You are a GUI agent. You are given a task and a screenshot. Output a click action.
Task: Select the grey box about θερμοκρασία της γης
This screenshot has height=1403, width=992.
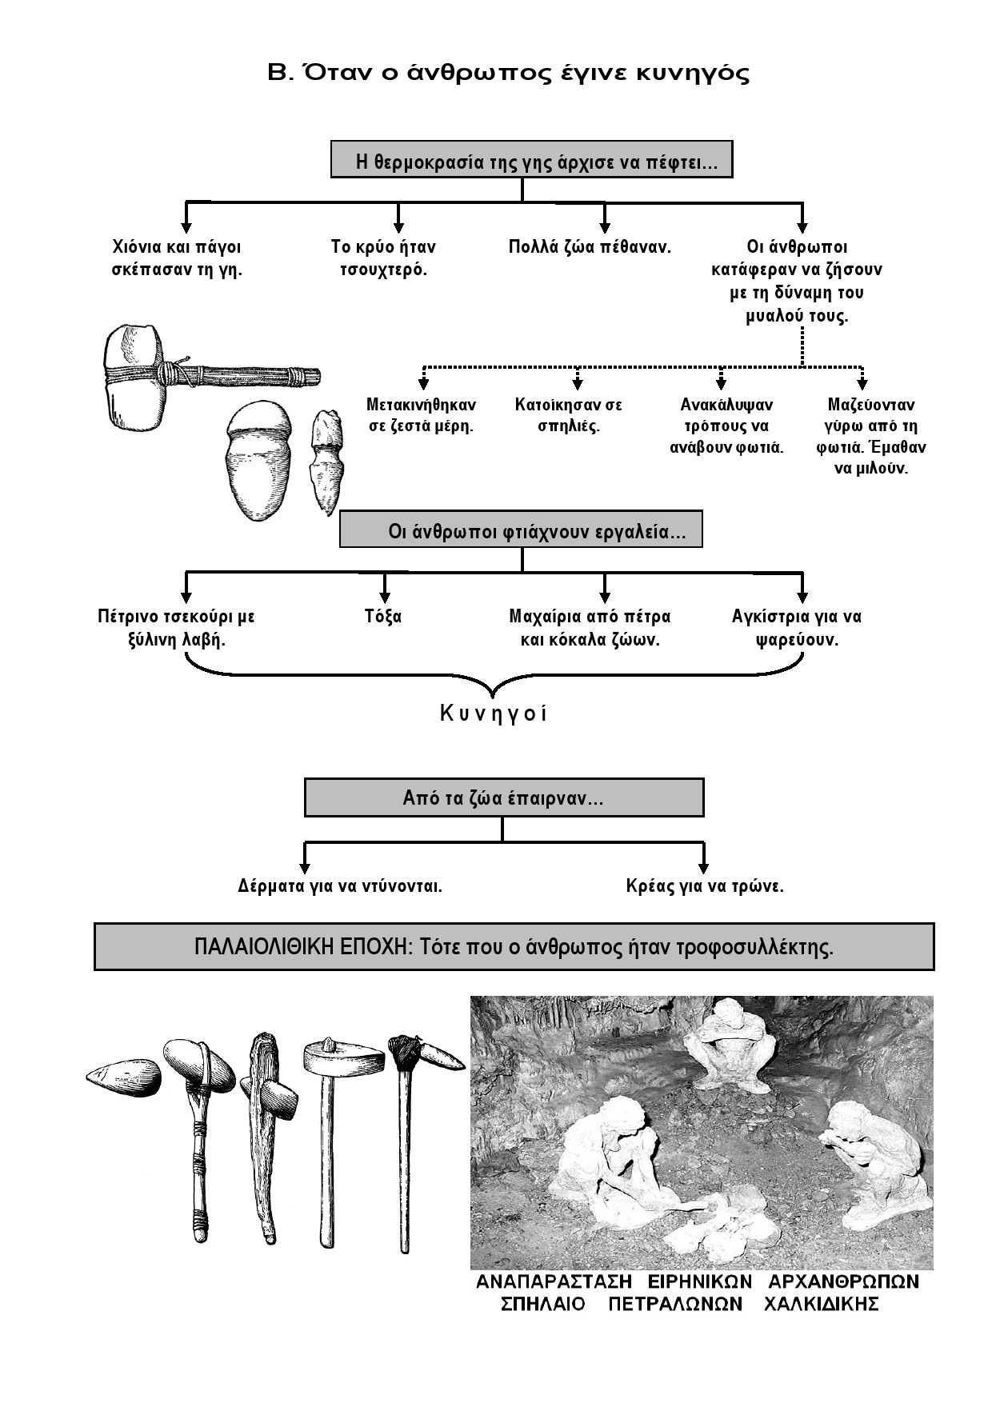[531, 162]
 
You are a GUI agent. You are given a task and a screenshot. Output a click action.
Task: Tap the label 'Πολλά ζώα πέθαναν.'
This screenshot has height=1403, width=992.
[590, 247]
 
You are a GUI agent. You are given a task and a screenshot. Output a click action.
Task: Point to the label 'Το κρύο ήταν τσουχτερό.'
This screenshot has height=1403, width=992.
[383, 258]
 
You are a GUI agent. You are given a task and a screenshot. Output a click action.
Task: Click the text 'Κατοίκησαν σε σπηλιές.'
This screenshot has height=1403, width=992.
[568, 415]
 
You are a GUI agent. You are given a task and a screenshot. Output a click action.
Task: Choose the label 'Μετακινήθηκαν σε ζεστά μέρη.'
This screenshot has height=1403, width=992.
[421, 415]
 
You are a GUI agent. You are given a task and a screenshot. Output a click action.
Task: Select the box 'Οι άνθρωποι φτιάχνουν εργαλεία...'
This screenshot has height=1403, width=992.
[521, 531]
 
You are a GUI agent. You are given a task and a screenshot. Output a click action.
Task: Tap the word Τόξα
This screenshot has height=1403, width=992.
[383, 617]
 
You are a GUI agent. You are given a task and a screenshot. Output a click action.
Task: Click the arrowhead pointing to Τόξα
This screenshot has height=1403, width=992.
[385, 596]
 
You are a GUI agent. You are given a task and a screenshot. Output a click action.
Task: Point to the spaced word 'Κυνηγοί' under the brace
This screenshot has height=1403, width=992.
[494, 714]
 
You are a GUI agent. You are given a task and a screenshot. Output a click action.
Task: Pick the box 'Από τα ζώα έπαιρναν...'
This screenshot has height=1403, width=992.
[504, 798]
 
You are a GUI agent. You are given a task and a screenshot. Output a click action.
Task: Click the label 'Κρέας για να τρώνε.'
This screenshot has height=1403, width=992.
[704, 886]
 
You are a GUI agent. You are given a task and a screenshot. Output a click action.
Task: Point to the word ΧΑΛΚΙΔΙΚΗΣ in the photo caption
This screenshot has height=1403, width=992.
[821, 1305]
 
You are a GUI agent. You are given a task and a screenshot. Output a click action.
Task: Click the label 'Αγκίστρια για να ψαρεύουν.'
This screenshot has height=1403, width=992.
[797, 628]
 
